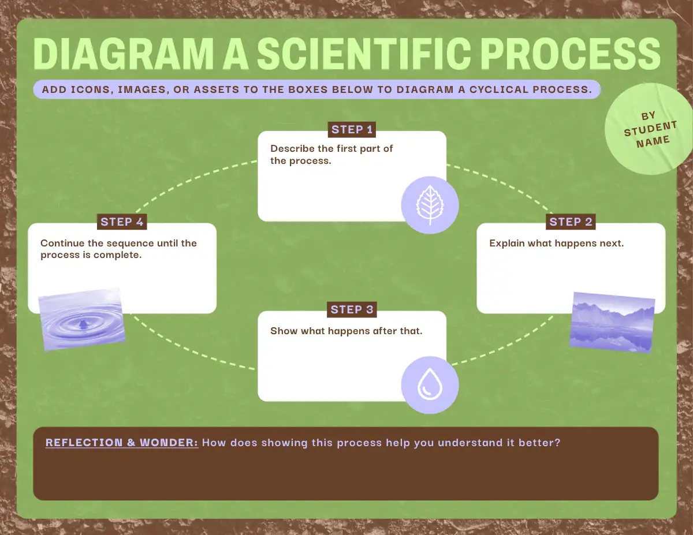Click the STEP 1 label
point(352,130)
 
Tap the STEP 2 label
point(571,222)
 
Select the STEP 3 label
point(352,309)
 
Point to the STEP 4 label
point(122,222)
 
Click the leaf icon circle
point(430,205)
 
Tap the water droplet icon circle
point(430,385)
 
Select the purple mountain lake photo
point(612,323)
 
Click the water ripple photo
point(82,319)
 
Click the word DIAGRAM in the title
point(123,54)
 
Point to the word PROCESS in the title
point(570,54)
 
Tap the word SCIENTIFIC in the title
point(364,54)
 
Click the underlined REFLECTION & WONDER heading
point(121,443)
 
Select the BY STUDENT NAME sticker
point(649,129)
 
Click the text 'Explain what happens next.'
point(557,243)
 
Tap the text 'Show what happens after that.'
point(346,331)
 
